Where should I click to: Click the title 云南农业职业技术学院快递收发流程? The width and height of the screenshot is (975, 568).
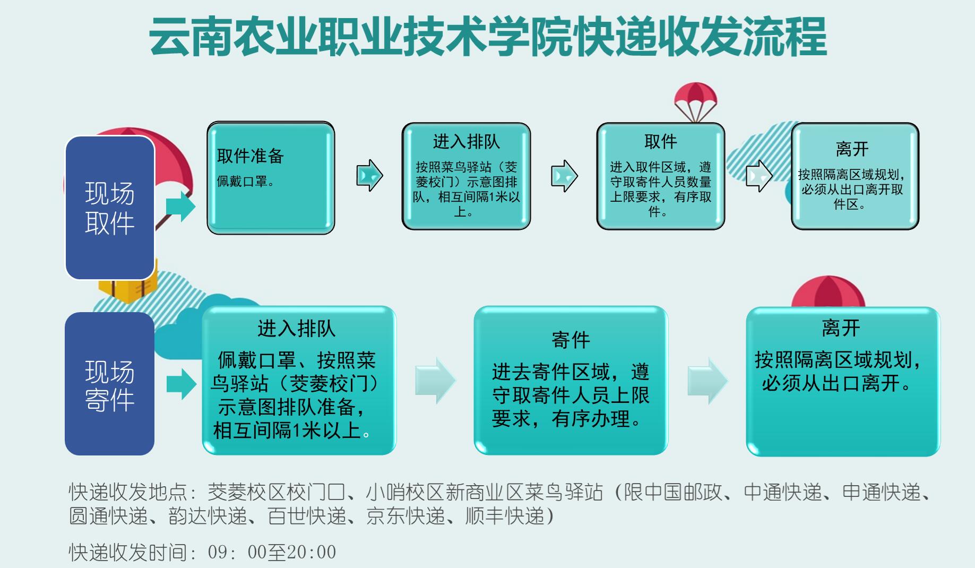pos(487,37)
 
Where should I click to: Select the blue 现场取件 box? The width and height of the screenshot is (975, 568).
pos(110,208)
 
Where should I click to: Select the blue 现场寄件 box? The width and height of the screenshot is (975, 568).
pos(110,384)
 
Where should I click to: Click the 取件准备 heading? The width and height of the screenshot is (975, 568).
pos(251,156)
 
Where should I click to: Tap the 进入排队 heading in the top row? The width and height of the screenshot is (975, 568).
pos(466,142)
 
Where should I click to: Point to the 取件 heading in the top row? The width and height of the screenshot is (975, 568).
pos(660,142)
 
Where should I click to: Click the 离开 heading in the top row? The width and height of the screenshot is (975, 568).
pos(852,149)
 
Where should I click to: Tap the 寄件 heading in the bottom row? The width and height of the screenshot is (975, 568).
pos(571,340)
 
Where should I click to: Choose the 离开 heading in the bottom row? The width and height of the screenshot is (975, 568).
pos(841,328)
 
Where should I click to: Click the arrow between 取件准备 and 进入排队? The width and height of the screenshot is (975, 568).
pos(369,175)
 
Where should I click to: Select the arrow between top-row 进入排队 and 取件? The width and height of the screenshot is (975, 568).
pos(564,176)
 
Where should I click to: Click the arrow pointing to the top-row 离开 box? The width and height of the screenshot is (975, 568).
pos(759,176)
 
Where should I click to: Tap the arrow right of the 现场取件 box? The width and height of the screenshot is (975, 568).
pos(181,206)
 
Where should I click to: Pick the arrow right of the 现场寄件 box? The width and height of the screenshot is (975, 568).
pos(182,384)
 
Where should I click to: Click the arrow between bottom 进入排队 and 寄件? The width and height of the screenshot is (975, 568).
pos(435,381)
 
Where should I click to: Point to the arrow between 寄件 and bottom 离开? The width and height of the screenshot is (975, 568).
pos(707,381)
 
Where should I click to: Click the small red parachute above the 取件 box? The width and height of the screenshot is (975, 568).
pos(695,101)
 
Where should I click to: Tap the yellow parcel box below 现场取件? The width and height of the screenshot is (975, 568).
pos(127,287)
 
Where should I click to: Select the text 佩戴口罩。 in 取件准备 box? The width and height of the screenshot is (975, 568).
pos(246,182)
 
